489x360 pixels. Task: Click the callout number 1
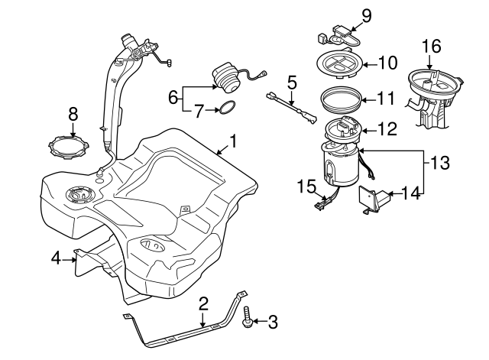(234, 141)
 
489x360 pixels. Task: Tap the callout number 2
(203, 304)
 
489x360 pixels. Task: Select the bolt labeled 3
(248, 319)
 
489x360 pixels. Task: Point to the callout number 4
(56, 259)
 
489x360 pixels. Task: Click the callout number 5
(291, 80)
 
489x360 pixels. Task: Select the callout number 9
(365, 15)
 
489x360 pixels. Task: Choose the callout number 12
(387, 131)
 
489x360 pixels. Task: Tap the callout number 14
(411, 194)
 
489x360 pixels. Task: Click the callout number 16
(432, 46)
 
